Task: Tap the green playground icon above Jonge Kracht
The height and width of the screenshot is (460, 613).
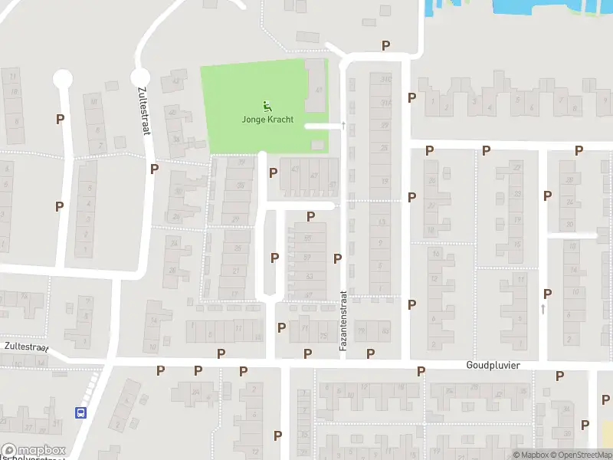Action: click(267, 107)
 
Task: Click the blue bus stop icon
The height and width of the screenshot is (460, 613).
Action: click(80, 412)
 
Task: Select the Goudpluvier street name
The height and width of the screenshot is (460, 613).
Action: click(493, 366)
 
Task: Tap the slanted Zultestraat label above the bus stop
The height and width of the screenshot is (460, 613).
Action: click(25, 347)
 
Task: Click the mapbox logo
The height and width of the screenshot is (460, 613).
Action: click(34, 451)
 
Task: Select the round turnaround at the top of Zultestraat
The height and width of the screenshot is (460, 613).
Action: click(140, 77)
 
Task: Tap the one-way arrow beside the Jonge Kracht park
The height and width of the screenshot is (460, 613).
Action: click(344, 125)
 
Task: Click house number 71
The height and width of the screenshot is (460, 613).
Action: click(304, 329)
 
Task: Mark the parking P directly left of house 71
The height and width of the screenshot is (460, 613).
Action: click(281, 328)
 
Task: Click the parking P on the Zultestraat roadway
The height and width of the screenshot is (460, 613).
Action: click(154, 169)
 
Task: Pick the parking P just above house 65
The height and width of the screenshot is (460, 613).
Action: click(310, 217)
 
